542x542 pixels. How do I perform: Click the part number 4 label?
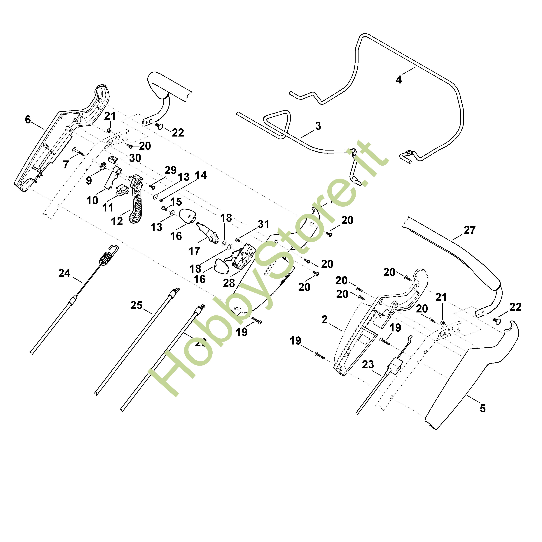(399, 80)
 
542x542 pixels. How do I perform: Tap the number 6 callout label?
(28, 120)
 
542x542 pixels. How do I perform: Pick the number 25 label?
(136, 305)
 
